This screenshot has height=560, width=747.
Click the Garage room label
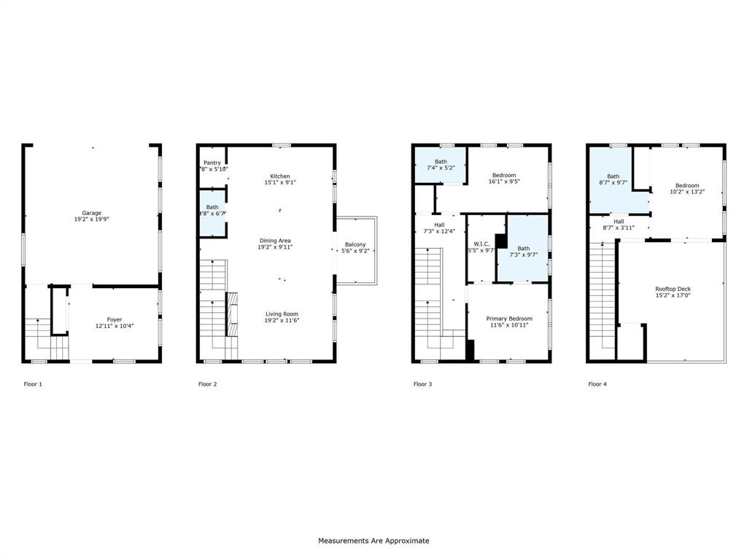91,213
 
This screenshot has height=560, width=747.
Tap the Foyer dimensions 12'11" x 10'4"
115,326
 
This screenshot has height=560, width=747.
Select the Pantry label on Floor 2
212,163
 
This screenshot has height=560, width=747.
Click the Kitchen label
280,176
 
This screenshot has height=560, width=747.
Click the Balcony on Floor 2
355,248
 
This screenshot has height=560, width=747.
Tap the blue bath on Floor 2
212,211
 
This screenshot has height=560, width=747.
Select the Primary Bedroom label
509,319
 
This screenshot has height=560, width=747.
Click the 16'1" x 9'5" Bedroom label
504,175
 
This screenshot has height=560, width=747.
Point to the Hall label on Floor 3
439,225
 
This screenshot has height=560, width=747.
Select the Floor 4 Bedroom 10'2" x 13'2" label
686,185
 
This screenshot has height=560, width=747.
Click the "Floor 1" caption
33,384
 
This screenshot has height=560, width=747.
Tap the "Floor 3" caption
423,384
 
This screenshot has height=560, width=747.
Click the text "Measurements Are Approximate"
373,541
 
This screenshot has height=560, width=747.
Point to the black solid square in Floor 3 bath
501,241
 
